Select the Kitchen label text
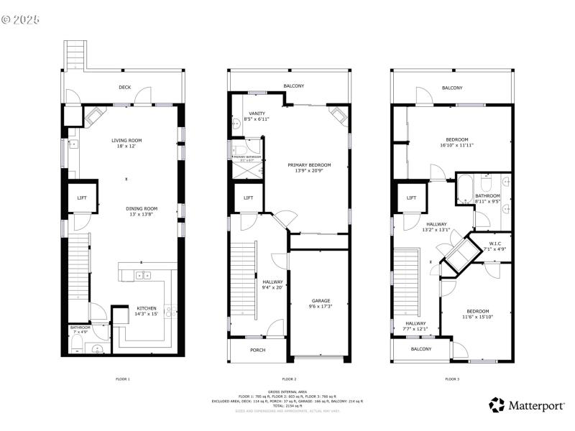[x=147, y=310]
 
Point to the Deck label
[x=125, y=88]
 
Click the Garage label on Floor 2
[x=321, y=303]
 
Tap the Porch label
[x=257, y=351]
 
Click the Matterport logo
[x=526, y=405]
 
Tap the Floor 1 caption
[x=123, y=379]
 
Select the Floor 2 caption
[x=289, y=379]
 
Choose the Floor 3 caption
[x=452, y=379]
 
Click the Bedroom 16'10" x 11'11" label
[x=456, y=142]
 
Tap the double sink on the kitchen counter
[x=144, y=275]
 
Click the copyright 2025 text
[x=22, y=19]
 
